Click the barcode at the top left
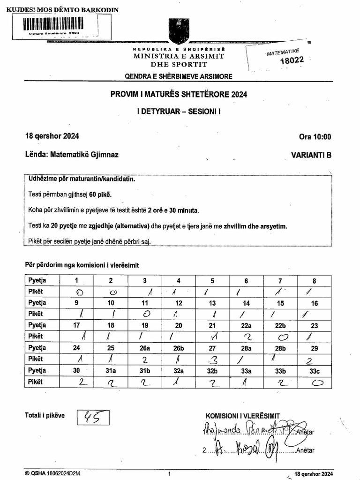pyautogui.click(x=52, y=24)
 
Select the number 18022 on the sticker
pyautogui.click(x=292, y=60)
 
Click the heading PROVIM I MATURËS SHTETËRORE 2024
pyautogui.click(x=179, y=94)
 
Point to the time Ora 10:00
pyautogui.click(x=315, y=137)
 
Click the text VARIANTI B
pyautogui.click(x=311, y=155)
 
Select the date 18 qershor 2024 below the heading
pyautogui.click(x=52, y=136)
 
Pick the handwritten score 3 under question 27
pyautogui.click(x=212, y=360)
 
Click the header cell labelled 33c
pyautogui.click(x=314, y=370)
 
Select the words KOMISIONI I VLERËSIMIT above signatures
pyautogui.click(x=242, y=416)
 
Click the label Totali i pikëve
pyautogui.click(x=45, y=415)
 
